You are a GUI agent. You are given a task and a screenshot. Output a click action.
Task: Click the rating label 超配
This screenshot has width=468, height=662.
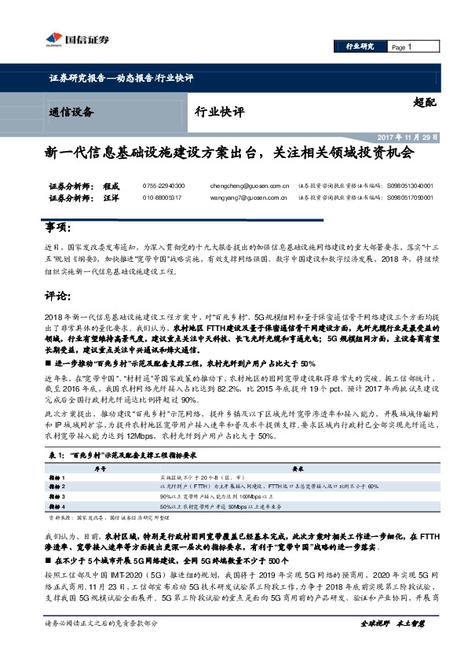425,103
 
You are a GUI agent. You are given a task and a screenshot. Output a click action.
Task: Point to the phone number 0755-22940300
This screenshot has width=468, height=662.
164,186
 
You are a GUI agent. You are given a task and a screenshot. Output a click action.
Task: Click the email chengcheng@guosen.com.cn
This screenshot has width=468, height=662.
247,186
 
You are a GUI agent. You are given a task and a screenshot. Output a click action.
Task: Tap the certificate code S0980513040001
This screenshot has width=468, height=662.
410,186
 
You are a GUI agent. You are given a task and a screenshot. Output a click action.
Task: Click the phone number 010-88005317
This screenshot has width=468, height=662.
163,198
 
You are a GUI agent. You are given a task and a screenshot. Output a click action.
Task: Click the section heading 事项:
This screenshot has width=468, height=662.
60,228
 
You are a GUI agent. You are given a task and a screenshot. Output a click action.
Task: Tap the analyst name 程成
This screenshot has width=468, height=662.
112,186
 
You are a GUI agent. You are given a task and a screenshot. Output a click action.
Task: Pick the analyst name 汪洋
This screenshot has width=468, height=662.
112,198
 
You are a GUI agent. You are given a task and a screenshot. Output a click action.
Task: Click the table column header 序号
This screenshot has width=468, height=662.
101,466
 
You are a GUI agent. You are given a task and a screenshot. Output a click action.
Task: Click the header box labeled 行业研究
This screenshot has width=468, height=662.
360,47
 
